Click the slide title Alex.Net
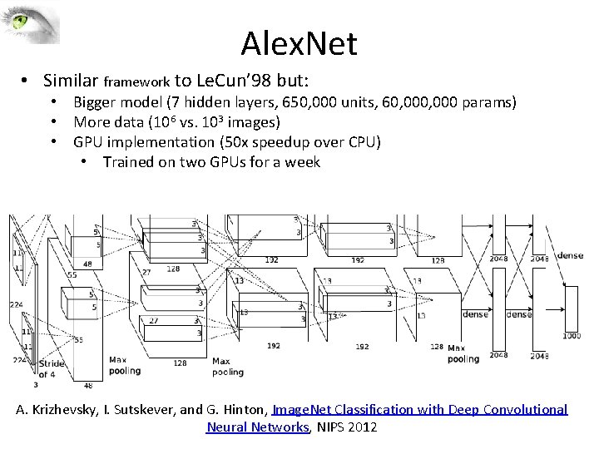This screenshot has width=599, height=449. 299,42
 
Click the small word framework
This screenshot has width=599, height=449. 136,82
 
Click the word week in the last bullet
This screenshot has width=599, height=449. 303,162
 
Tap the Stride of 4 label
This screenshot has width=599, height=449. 52,368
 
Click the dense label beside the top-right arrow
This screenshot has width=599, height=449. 571,255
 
